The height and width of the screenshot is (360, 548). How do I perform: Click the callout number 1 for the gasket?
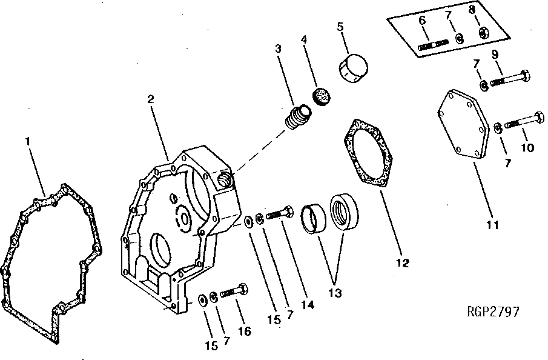(x=27, y=141)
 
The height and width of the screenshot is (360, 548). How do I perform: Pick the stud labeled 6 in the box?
(x=432, y=45)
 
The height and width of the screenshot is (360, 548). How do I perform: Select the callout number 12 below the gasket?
(x=403, y=263)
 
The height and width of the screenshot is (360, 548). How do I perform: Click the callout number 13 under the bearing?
(x=333, y=293)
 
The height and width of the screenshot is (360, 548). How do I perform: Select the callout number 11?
(x=493, y=225)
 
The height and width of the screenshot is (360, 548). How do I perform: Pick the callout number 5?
(x=340, y=27)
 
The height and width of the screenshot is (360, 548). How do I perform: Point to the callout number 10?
(x=527, y=147)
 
